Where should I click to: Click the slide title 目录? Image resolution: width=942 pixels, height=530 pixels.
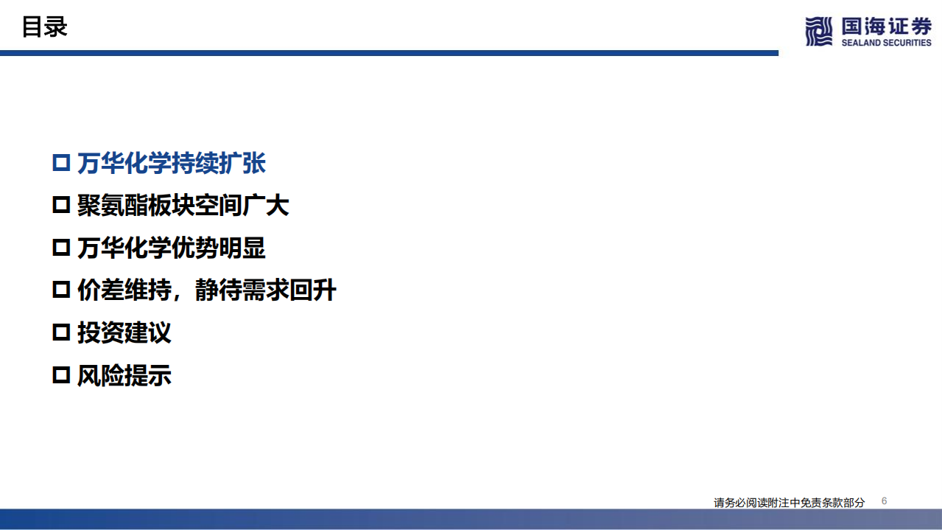[44, 27]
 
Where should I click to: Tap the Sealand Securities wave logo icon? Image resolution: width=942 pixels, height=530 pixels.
[819, 31]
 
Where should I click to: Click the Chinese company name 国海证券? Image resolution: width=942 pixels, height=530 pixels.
[886, 26]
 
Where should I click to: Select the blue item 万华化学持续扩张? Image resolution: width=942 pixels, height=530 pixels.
[171, 164]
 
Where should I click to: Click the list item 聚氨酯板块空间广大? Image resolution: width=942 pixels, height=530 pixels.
[183, 206]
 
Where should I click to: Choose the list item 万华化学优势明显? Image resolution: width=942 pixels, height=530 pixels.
[171, 248]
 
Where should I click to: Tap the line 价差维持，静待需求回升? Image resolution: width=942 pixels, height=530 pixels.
[206, 290]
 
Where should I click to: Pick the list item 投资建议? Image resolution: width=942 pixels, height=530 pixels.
[124, 333]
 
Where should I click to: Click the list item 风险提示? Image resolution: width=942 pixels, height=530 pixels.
[124, 376]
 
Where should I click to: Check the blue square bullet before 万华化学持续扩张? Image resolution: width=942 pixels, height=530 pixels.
[60, 164]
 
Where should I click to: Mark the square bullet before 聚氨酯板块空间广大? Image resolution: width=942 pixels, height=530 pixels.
[60, 206]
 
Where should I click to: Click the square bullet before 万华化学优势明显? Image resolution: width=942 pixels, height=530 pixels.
[60, 248]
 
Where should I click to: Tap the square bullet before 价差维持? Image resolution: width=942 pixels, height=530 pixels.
[60, 290]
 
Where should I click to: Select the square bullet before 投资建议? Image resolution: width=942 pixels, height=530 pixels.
[60, 333]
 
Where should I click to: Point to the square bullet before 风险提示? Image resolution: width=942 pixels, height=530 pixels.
[60, 376]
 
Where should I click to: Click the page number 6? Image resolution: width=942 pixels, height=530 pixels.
[884, 501]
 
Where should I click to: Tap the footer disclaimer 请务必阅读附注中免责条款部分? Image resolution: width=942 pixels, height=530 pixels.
[789, 503]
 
